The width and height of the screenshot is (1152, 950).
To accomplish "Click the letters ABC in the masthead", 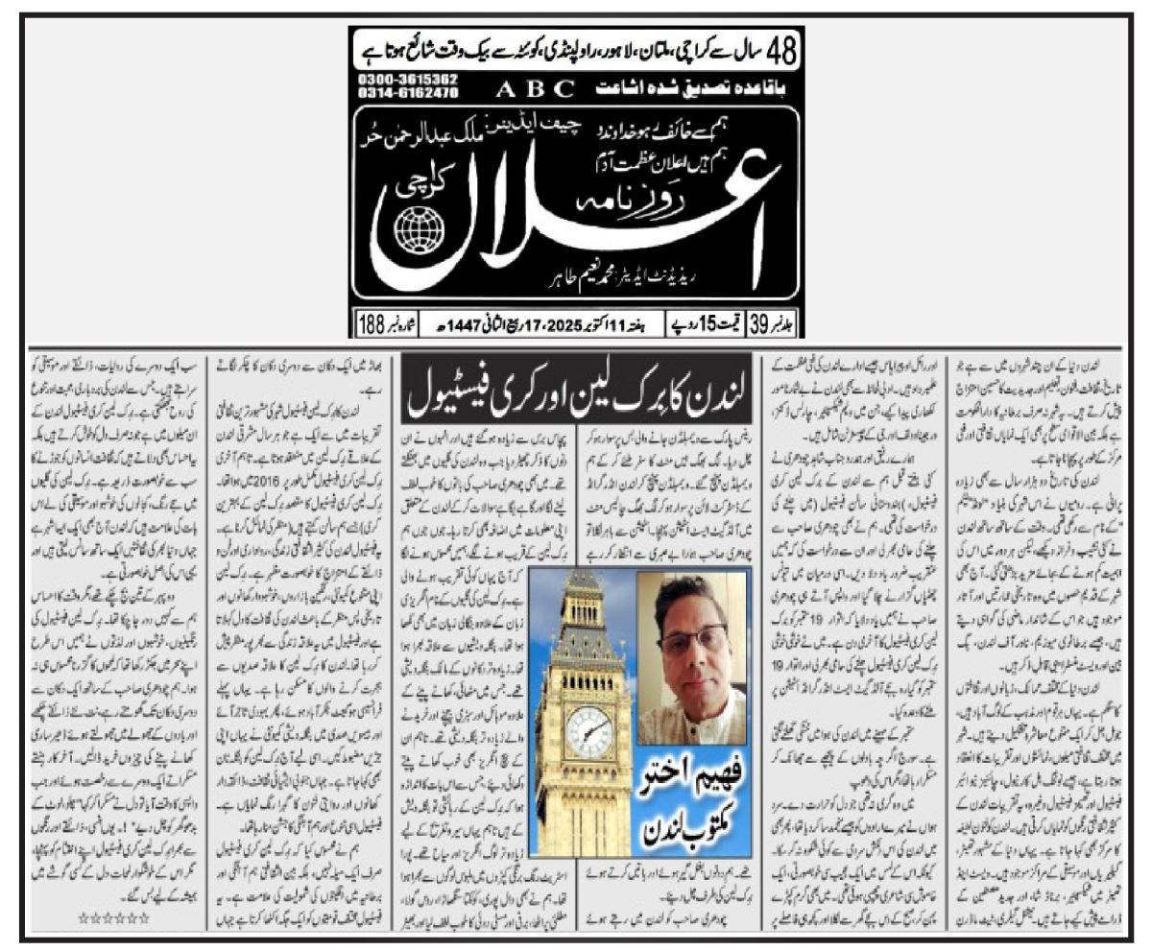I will [536, 89].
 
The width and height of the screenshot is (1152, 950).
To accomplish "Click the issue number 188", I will [371, 324].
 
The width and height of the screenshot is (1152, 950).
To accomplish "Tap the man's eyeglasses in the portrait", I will [693, 636].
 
